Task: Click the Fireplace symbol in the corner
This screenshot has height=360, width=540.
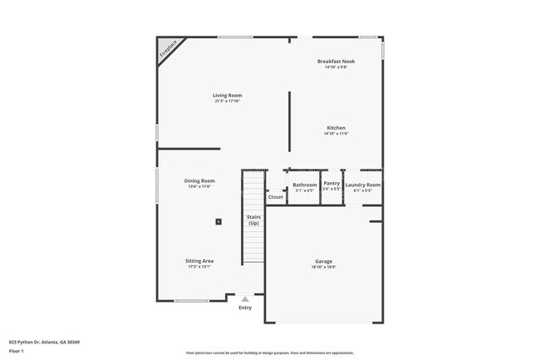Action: pos(169,49)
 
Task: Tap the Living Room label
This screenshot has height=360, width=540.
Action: pos(227,96)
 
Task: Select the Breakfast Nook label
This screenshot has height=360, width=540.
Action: pos(336,62)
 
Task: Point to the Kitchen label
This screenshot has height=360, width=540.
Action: pos(336,128)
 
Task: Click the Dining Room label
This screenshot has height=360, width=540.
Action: pos(199,180)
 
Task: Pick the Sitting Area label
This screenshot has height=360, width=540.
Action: pos(199,261)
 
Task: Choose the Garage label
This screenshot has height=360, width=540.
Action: pos(323,261)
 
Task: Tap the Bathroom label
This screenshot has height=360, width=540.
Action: pos(305,185)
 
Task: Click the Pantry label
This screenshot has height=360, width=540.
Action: pos(331,183)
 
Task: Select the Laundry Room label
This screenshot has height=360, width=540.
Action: pos(363,185)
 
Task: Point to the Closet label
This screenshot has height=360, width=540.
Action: pos(275,197)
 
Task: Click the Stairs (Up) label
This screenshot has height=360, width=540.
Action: pos(253,220)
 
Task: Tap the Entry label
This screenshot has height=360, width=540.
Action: pos(245,308)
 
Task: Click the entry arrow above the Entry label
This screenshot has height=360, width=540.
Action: pos(245,298)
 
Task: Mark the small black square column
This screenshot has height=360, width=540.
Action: pos(218,221)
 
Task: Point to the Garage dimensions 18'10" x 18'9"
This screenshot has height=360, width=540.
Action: pos(323,268)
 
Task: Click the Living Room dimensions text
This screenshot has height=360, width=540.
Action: pos(227,101)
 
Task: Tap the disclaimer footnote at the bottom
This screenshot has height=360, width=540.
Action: pos(269,353)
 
